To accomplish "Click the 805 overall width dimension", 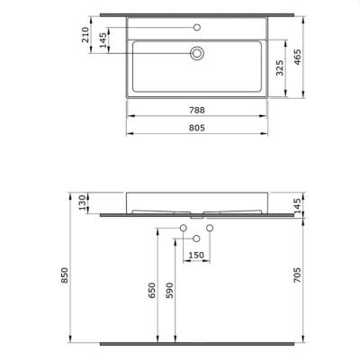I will pos(195,128).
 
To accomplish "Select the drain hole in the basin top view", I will pos(195,54).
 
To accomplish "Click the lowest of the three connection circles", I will pos(195,238).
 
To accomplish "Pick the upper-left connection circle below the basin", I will pos(182,228).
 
